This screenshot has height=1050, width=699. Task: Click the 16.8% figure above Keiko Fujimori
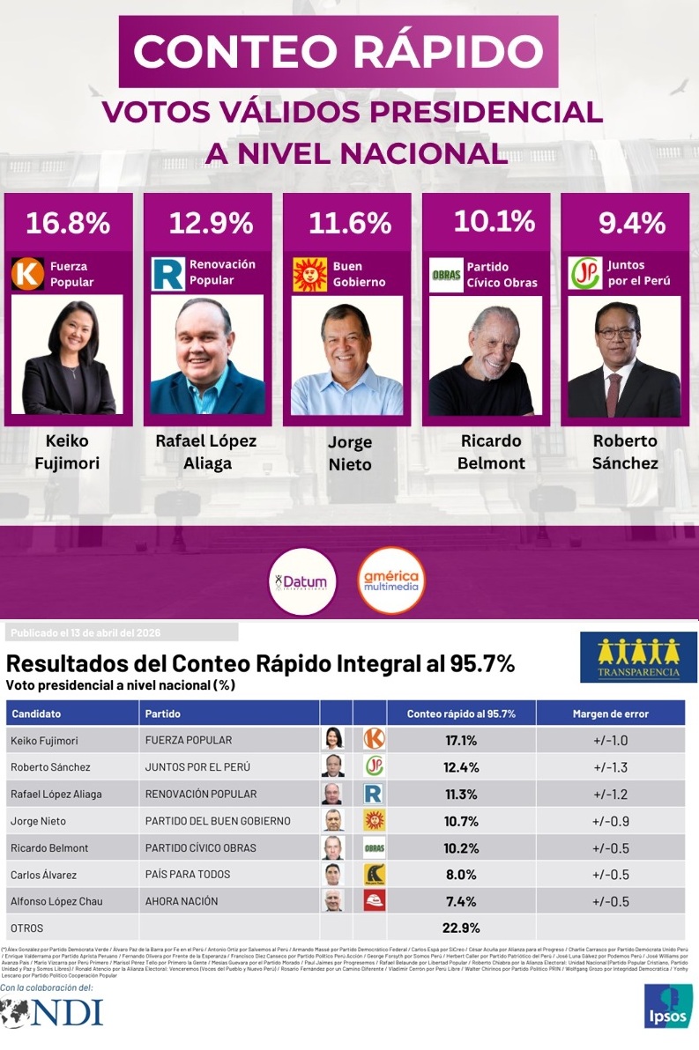pos(68,223)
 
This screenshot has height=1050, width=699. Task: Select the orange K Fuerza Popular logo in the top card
pos(27,273)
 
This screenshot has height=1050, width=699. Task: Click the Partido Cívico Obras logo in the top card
pos(446,275)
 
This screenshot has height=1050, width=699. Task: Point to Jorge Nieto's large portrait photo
pos(347,356)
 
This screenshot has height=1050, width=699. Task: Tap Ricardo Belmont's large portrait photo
pos(486,356)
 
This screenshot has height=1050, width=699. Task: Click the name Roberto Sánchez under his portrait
pos(625,451)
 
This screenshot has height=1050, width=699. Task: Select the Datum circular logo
pos(302,580)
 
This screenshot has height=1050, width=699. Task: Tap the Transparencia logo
pos(638,656)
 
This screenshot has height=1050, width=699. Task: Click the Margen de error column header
pos(610,714)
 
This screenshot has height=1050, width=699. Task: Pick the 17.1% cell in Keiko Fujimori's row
pos(461,740)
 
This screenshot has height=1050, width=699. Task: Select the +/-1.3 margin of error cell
pos(610,767)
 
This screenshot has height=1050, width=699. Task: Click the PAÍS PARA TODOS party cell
pos(188,875)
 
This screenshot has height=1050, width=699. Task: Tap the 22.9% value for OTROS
pos(461,928)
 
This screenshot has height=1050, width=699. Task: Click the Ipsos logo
pos(668,1004)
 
